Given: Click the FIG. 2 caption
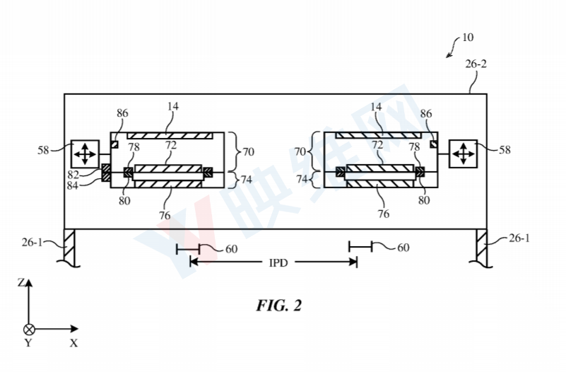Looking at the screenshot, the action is (x=278, y=306).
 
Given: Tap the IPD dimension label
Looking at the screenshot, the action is (x=278, y=262).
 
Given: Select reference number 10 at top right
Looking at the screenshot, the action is (x=468, y=37).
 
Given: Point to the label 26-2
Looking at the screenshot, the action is (x=476, y=64).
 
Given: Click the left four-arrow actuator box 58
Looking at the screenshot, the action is (x=85, y=154).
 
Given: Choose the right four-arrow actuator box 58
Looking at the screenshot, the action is (x=463, y=154).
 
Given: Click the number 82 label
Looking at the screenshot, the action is (x=73, y=175).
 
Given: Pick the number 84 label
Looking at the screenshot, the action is (x=73, y=185).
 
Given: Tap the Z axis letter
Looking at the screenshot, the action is (x=21, y=282).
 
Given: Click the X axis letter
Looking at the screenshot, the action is (x=73, y=343).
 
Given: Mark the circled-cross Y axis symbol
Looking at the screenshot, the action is (x=29, y=330).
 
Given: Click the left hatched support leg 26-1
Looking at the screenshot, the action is (x=69, y=248).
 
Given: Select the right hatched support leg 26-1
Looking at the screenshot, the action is (x=481, y=248).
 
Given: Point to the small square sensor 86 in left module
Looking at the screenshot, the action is (x=114, y=144).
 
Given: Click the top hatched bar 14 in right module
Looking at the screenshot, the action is (x=378, y=136).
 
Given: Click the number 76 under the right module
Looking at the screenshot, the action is (x=384, y=214).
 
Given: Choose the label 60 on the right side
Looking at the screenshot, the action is (x=403, y=248).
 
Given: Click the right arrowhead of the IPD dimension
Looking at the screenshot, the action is (x=353, y=262).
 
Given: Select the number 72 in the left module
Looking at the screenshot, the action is (x=171, y=145).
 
